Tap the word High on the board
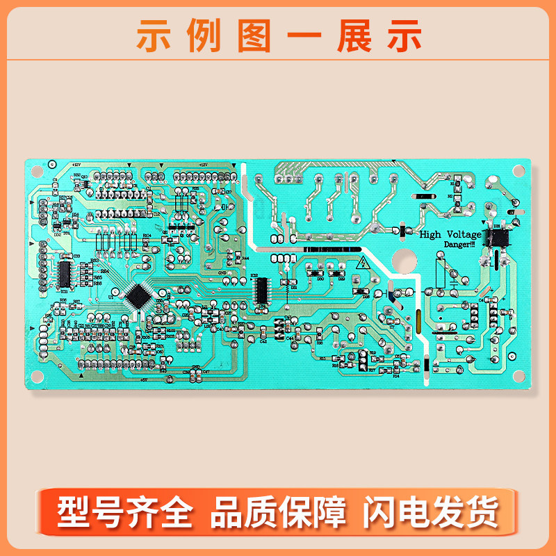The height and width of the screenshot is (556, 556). pos(431,235)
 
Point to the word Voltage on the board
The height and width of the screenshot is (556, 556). pos(462,235)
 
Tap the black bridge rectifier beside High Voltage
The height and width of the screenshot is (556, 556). pos(497,238)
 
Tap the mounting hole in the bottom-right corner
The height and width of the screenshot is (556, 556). pos(518,376)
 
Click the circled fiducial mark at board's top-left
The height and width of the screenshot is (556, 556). pos(51,165)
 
